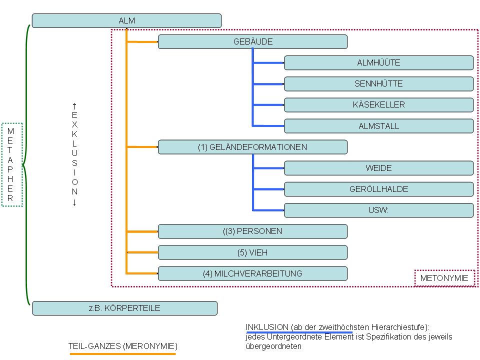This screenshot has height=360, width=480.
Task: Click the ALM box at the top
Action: pyautogui.click(x=126, y=20)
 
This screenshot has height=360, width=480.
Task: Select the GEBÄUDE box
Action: pyautogui.click(x=252, y=41)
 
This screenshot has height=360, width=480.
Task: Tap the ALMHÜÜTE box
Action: pyautogui.click(x=378, y=62)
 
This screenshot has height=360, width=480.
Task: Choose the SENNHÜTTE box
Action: pyautogui.click(x=378, y=83)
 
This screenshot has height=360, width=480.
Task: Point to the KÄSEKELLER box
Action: pyautogui.click(x=378, y=104)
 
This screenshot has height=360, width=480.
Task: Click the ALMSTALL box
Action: pyautogui.click(x=378, y=126)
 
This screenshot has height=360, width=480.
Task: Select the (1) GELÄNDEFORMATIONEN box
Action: pyautogui.click(x=252, y=147)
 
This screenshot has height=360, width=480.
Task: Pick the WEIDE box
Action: pyautogui.click(x=378, y=168)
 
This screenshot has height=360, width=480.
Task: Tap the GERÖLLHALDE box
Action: pyautogui.click(x=378, y=189)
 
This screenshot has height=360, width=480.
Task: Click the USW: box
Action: pyautogui.click(x=378, y=210)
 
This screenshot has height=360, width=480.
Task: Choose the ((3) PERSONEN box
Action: pyautogui.click(x=252, y=231)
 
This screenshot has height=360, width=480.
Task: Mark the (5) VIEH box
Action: pyautogui.click(x=252, y=252)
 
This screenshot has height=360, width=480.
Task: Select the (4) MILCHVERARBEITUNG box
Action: pyautogui.click(x=252, y=273)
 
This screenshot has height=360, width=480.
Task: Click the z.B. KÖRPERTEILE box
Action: pyautogui.click(x=124, y=308)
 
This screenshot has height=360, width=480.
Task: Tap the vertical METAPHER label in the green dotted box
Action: pyautogui.click(x=11, y=164)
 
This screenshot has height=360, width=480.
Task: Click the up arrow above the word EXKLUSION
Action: pyautogui.click(x=74, y=105)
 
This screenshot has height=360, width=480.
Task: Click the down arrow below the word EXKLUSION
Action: pyautogui.click(x=74, y=202)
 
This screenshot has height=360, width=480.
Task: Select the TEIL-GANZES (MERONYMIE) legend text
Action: pyautogui.click(x=123, y=346)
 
